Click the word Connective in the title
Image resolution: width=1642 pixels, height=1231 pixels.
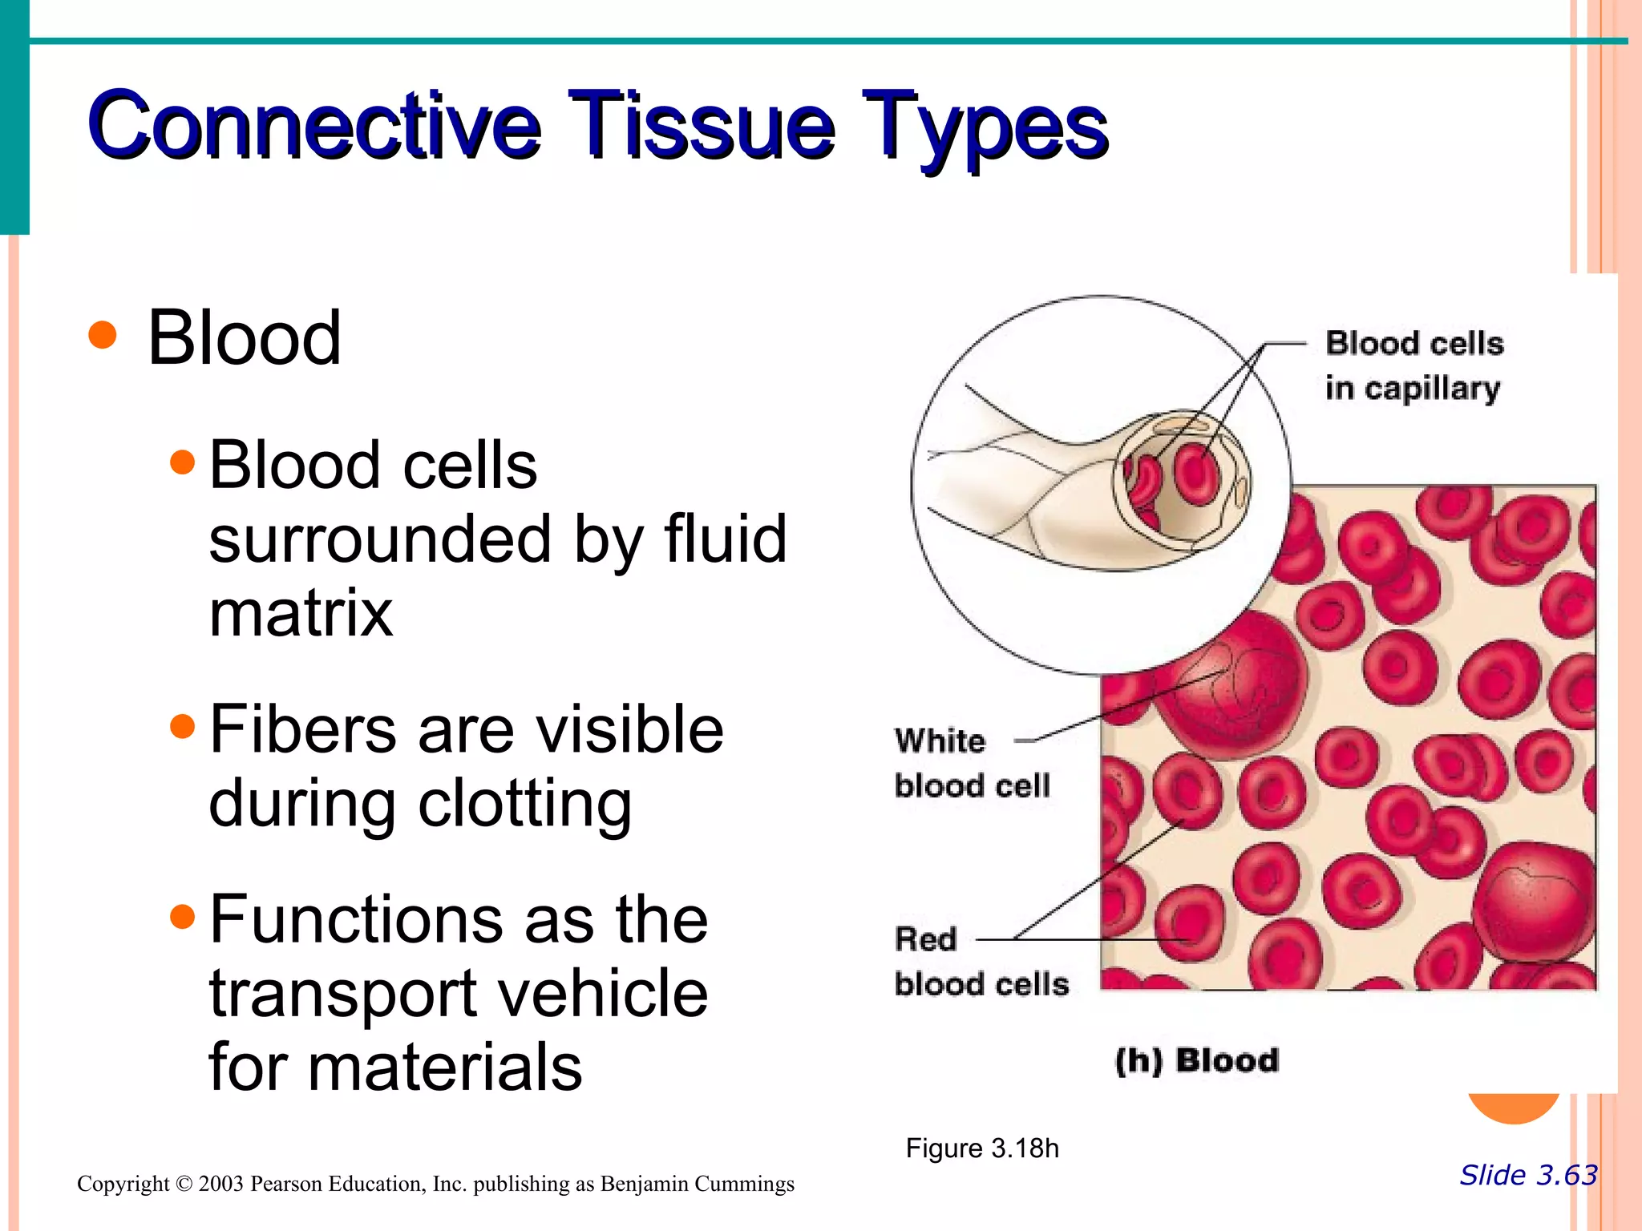pos(314,125)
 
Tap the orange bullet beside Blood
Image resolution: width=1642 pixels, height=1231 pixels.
pos(103,335)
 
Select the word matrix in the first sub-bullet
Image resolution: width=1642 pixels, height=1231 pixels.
pos(301,613)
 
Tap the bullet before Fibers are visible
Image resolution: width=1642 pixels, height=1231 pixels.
pos(183,726)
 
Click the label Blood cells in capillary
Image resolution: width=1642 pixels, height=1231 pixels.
pos(1413,365)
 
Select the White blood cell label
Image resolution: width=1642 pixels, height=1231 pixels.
pos(971,763)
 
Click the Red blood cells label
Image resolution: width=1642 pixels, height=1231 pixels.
pos(981,962)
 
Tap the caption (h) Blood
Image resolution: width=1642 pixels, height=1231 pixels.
pos(1196,1060)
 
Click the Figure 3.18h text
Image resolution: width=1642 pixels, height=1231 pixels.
pos(982,1148)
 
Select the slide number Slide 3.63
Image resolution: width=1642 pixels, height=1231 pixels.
pos(1527,1175)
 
